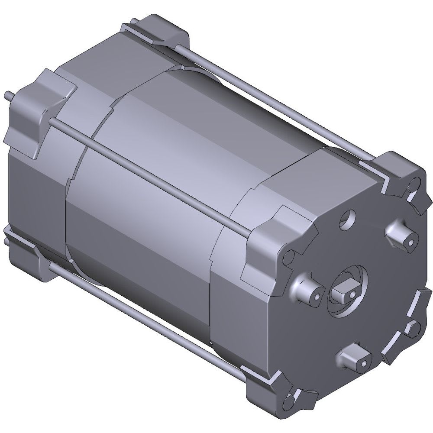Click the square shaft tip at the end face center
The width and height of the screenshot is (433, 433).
pyautogui.click(x=345, y=292)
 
